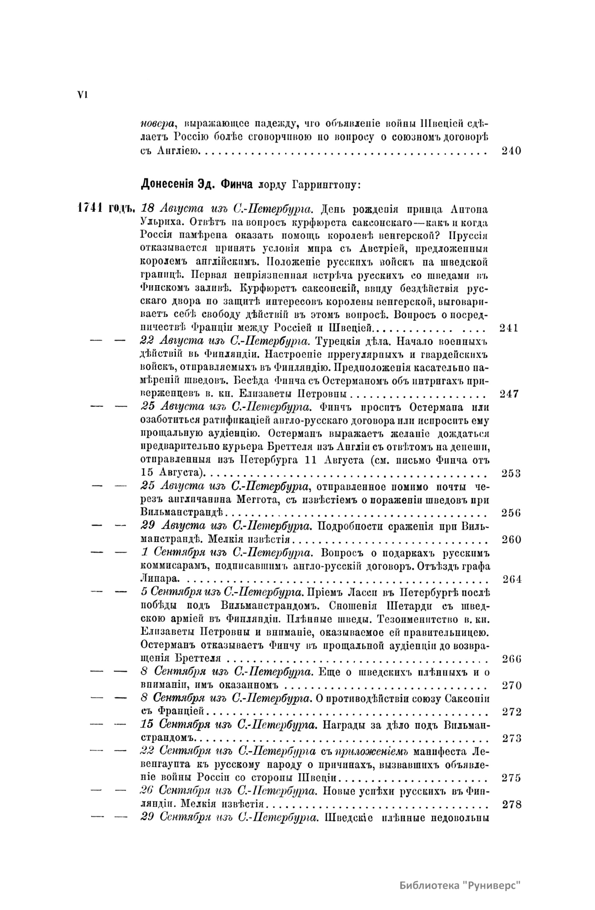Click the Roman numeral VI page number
click(x=81, y=96)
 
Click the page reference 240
click(x=511, y=151)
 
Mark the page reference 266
click(x=511, y=659)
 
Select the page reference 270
click(x=511, y=686)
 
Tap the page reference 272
click(x=511, y=712)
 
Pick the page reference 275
click(x=511, y=778)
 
